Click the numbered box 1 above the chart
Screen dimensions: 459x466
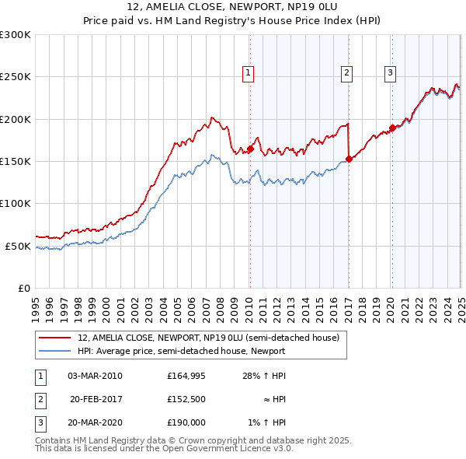coord(248,73)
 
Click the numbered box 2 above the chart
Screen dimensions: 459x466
coord(346,73)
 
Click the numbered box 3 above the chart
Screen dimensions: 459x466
coord(390,73)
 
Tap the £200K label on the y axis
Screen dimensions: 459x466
coord(16,119)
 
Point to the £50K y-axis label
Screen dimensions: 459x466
coord(18,246)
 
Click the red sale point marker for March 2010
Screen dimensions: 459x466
coord(250,149)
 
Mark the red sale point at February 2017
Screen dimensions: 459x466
coord(349,159)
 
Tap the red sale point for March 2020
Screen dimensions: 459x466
coord(392,128)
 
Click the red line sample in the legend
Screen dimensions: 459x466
coord(55,338)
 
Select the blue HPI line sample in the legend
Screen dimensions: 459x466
coord(55,351)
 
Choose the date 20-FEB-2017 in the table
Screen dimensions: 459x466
coord(96,399)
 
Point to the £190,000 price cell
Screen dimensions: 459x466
coord(186,422)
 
